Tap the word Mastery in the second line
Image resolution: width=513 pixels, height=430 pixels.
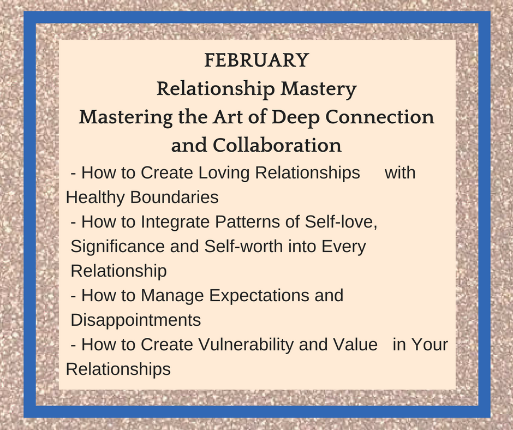point(319,89)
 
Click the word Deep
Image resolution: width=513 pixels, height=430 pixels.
point(295,118)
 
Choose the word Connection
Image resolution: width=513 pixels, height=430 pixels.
point(380,117)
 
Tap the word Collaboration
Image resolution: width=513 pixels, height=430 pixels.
point(277,145)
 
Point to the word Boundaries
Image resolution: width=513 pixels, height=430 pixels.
point(175,198)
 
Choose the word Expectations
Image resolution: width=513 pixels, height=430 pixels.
point(259,296)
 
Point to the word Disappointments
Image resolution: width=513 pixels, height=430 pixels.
point(136,320)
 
